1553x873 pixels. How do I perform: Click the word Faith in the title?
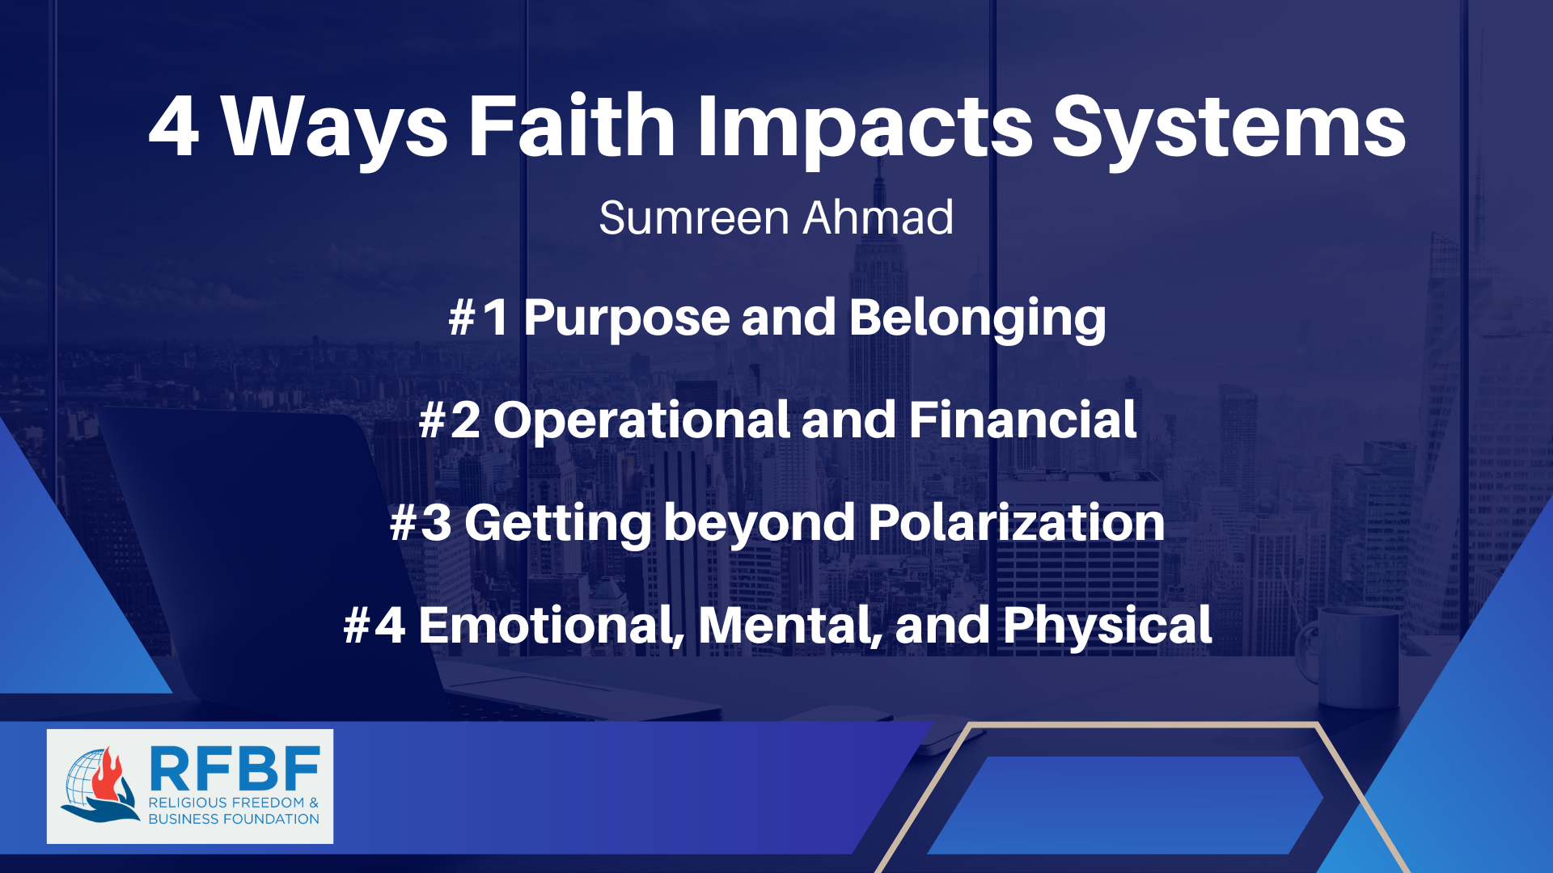pyautogui.click(x=572, y=126)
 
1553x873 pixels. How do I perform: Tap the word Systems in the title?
pyautogui.click(x=1229, y=128)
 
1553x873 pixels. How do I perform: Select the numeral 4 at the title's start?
pyautogui.click(x=174, y=128)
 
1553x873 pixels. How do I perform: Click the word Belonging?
pyautogui.click(x=977, y=318)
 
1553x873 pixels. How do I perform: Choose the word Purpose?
pyautogui.click(x=626, y=318)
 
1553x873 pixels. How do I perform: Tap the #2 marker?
pyautogui.click(x=450, y=420)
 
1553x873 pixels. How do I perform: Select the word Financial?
pyautogui.click(x=1022, y=420)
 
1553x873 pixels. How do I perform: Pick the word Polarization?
pyautogui.click(x=1016, y=523)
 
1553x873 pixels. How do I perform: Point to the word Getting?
pyautogui.click(x=557, y=523)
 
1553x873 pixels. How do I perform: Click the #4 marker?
pyautogui.click(x=374, y=626)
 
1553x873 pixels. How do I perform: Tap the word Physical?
pyautogui.click(x=1107, y=626)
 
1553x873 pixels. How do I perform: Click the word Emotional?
pyautogui.click(x=551, y=626)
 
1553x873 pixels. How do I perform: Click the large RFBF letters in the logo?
pyautogui.click(x=235, y=769)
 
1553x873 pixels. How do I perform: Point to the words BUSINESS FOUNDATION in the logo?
pyautogui.click(x=234, y=819)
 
